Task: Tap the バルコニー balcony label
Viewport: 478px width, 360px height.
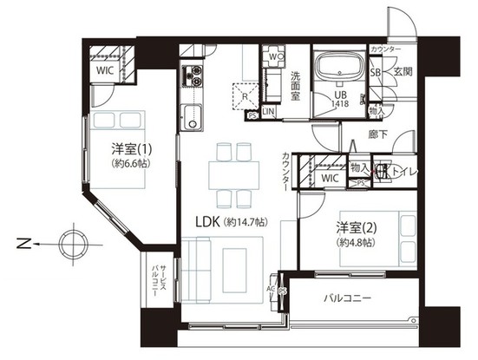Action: (x=348, y=298)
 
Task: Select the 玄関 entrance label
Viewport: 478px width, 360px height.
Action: (x=403, y=72)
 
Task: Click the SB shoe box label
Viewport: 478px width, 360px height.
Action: (x=376, y=72)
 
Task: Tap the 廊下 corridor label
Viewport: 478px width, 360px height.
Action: (x=377, y=134)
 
